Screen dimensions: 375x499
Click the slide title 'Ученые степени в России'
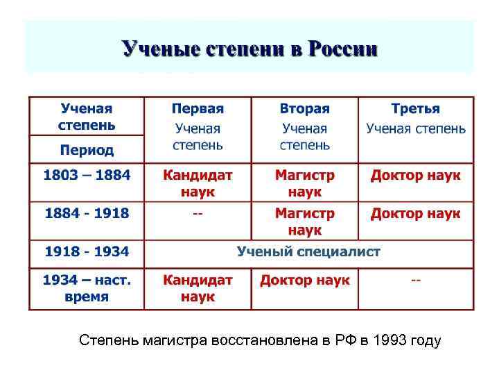249,49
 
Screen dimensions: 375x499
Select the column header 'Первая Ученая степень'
198,127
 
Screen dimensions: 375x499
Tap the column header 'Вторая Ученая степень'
305,127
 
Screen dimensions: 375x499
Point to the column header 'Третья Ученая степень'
416,119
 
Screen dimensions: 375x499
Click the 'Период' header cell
87,150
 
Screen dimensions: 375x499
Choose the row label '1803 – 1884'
87,175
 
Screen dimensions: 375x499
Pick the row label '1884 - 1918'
87,213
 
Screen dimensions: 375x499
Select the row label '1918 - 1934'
87,251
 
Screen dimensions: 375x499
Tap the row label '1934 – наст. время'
87,288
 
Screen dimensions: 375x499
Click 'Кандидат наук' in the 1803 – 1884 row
198,183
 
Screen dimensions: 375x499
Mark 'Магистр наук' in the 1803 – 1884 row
305,183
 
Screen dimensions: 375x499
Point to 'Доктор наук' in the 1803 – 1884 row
416,175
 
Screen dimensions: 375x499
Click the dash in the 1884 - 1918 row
198,213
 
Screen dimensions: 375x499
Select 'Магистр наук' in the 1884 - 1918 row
305,221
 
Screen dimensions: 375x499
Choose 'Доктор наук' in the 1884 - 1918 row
416,213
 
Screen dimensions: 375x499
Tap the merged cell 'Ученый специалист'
308,251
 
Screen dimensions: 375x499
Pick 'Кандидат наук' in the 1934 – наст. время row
198,288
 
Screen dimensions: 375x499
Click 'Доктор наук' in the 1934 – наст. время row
305,281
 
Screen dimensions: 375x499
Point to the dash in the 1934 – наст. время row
416,281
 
